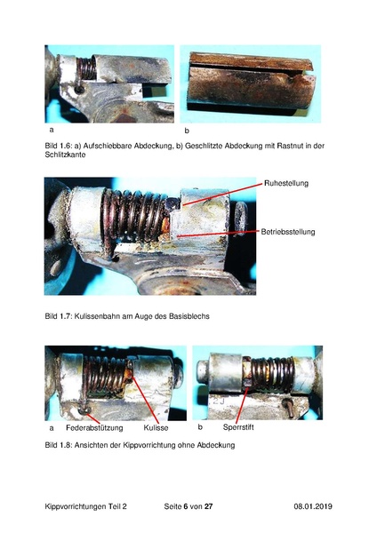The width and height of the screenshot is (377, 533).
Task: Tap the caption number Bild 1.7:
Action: coord(59,315)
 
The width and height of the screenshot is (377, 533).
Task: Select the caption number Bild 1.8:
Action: coord(59,444)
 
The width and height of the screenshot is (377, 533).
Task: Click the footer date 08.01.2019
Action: coord(312,505)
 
